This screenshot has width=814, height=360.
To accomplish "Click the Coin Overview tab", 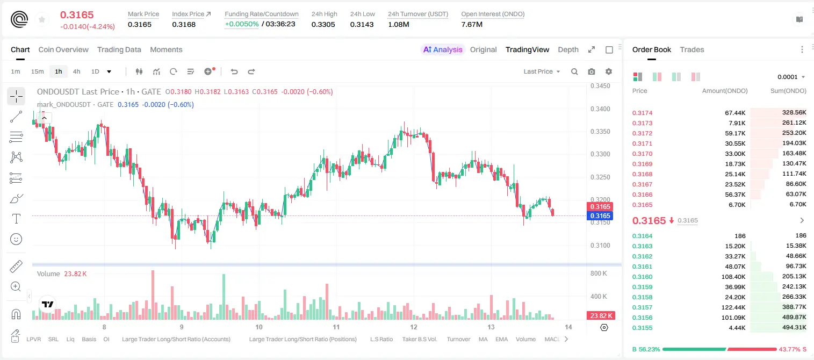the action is point(63,49).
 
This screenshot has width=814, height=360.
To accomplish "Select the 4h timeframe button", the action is point(76,71).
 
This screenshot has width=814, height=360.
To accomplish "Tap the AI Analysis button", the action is point(443,49).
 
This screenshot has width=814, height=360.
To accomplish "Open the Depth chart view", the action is point(568,49).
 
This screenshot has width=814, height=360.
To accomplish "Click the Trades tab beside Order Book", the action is point(692,49).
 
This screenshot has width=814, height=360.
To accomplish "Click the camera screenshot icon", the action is point(592,71).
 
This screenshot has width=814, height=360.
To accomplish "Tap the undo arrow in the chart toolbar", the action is point(234,71).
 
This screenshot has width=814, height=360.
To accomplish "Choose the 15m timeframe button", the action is point(37,71).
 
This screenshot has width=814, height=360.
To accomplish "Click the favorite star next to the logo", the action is point(42,19).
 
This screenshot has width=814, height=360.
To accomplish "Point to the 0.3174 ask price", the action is point(642,113).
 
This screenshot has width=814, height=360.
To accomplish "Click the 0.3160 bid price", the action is point(642,277).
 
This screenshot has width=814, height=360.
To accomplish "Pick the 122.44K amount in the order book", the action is point(733,307).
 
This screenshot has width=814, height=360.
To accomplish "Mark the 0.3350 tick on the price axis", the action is point(600,132).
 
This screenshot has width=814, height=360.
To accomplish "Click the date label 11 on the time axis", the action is point(336,327).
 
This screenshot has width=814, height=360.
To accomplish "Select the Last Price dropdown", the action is point(542,71).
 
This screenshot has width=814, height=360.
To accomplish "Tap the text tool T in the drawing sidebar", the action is point(16,219).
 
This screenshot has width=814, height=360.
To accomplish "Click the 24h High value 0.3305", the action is point(323,24).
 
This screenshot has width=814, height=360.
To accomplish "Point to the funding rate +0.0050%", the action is point(242,24).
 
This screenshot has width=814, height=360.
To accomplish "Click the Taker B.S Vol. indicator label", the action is point(419,339).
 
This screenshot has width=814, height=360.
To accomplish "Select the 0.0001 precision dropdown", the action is point(791,77).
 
